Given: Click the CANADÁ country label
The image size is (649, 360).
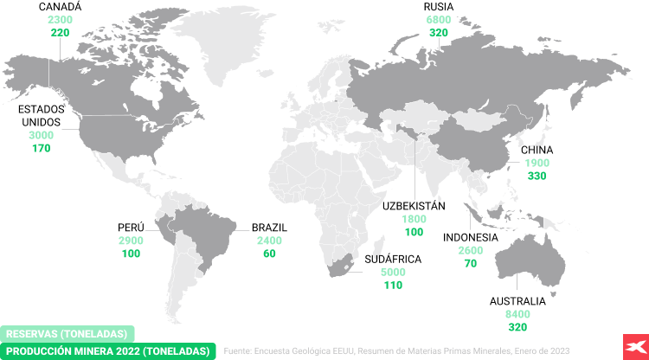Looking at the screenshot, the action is pyautogui.click(x=61, y=7).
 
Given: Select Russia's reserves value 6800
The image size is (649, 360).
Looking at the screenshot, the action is pyautogui.click(x=439, y=20).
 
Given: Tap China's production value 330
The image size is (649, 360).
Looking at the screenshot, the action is pyautogui.click(x=537, y=176).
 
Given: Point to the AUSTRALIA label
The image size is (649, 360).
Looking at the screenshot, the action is pyautogui.click(x=517, y=301).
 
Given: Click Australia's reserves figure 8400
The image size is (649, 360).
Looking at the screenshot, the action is pyautogui.click(x=517, y=314).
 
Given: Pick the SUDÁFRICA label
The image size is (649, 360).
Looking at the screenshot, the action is pyautogui.click(x=393, y=259).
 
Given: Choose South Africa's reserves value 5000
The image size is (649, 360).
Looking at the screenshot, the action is pyautogui.click(x=393, y=272).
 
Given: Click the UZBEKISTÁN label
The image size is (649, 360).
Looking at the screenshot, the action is pyautogui.click(x=414, y=206).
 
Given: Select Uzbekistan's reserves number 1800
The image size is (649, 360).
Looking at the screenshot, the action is pyautogui.click(x=414, y=219).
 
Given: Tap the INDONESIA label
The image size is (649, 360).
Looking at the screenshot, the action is pyautogui.click(x=471, y=237).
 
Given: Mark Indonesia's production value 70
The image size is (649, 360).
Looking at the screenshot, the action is pyautogui.click(x=471, y=263).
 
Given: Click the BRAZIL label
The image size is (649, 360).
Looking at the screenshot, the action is pyautogui.click(x=269, y=228).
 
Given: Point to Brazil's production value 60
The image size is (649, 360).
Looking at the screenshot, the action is pyautogui.click(x=269, y=254).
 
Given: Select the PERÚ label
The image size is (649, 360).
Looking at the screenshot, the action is pyautogui.click(x=131, y=228).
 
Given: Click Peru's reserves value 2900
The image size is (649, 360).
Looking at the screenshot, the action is pyautogui.click(x=131, y=241).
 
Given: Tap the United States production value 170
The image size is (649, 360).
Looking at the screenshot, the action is pyautogui.click(x=41, y=148).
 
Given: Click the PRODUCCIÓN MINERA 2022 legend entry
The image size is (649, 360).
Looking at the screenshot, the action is pyautogui.click(x=108, y=350).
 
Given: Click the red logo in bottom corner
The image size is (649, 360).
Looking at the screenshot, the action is pyautogui.click(x=630, y=344).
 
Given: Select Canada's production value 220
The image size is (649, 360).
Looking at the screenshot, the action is pyautogui.click(x=61, y=32).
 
